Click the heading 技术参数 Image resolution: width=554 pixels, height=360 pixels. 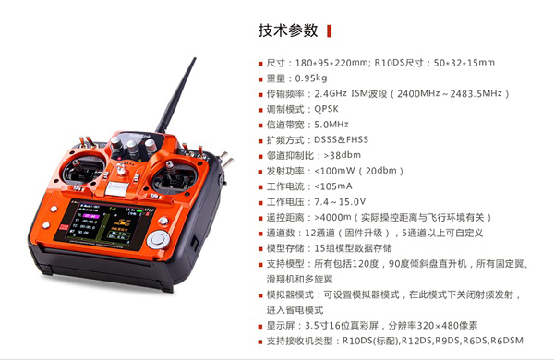coord(288,30)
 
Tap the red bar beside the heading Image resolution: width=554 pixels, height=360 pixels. coord(330,31)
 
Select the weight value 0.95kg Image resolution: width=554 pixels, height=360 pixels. coord(311,78)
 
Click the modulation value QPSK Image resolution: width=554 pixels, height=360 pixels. coord(326,109)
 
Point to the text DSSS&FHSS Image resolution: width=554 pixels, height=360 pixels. coord(341,139)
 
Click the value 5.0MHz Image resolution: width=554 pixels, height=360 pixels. coord(331,125)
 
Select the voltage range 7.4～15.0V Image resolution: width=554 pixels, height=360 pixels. coord(340,202)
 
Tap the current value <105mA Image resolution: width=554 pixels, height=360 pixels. coord(333,186)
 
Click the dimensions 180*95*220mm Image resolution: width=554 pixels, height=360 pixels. coord(331,63)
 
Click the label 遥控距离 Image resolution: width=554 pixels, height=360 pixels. coord(285,218)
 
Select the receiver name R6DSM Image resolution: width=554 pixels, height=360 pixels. coord(507,341)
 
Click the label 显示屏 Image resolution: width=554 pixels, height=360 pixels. coord(281,325)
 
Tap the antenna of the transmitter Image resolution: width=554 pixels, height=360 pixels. coord(175,95)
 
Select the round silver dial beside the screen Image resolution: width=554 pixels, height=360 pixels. coord(158,239)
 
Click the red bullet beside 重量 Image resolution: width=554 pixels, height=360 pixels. coord(260,79)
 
